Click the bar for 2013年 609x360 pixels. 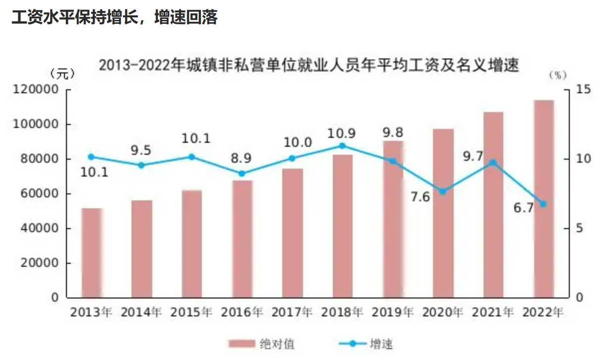click(x=92, y=253)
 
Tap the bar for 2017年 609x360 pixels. click(x=293, y=233)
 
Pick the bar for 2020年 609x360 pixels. click(x=443, y=213)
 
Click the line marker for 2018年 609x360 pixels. click(x=342, y=146)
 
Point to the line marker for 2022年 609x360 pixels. click(x=543, y=204)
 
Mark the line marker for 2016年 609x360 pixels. click(x=242, y=174)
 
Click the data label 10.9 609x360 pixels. click(x=342, y=133)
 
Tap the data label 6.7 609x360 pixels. click(x=524, y=208)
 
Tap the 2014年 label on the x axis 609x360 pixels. click(x=141, y=313)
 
